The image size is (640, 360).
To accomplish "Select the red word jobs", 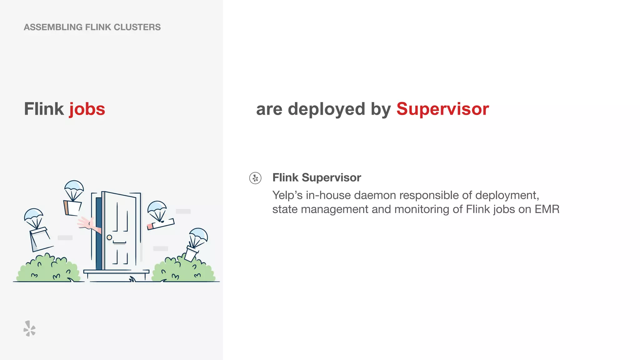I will pos(87,109).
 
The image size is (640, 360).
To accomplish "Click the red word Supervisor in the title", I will pos(442,109).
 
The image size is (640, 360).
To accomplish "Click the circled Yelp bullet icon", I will pos(255,178).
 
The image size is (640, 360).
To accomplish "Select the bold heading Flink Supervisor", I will pos(317,177).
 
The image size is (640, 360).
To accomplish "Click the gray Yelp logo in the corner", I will pos(29,328).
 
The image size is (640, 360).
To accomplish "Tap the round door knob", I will pos(109,237).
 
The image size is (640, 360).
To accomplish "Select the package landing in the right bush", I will pos(191,253).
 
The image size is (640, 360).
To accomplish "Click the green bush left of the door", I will pos(48,269).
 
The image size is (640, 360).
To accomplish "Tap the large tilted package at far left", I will pos(40,239).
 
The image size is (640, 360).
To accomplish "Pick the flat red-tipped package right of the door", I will pos(161,223).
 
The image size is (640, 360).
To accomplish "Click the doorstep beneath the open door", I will pos(116,272).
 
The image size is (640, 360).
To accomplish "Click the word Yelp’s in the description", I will pos(287,195).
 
